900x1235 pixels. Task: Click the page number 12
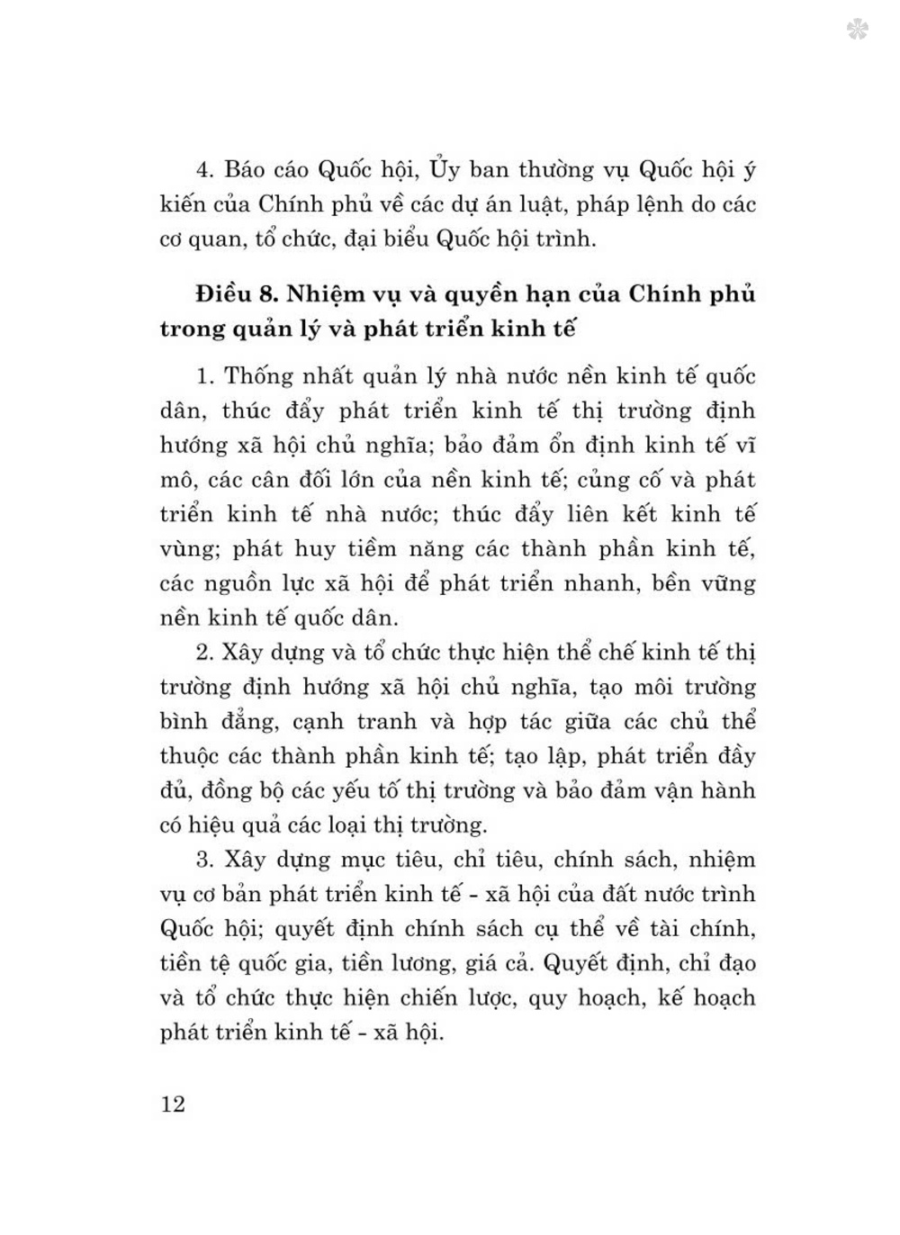tap(173, 1104)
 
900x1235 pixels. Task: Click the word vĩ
tap(742, 446)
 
